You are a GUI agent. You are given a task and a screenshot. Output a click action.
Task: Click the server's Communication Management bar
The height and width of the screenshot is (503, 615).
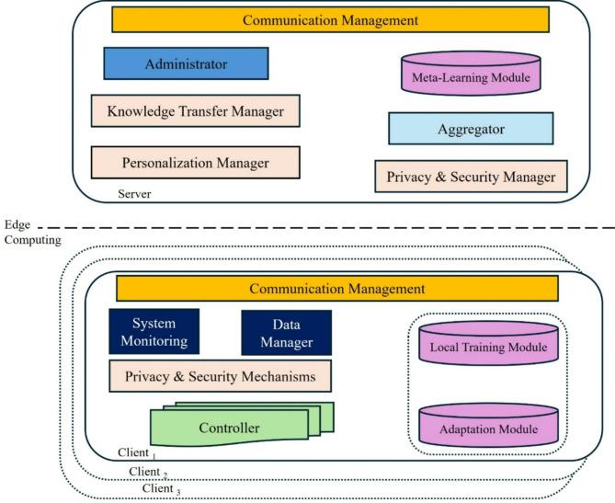tap(330, 19)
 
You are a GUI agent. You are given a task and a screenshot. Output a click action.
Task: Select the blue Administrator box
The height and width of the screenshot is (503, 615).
tap(186, 63)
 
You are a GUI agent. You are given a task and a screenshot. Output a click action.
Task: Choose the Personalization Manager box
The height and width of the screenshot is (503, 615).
tap(195, 163)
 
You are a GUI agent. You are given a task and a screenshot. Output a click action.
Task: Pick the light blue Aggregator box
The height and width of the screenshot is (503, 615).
tap(471, 130)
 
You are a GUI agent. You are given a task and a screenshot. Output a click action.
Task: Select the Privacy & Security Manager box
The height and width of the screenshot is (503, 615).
tap(471, 176)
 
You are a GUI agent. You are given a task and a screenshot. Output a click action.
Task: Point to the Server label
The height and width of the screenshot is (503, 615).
tap(134, 194)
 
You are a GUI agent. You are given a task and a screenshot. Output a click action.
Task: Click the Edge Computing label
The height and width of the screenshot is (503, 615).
tap(31, 232)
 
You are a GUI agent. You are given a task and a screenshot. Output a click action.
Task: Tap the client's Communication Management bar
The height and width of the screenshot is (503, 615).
tap(337, 289)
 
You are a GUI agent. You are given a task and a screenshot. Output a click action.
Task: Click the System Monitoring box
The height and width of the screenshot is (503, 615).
tap(154, 332)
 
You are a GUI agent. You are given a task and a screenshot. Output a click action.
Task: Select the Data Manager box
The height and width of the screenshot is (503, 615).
tap(286, 332)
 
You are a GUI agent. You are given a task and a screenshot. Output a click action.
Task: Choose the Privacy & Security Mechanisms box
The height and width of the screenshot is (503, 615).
tap(220, 376)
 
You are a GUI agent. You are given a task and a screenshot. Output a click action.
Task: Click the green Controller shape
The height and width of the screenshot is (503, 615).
tap(230, 428)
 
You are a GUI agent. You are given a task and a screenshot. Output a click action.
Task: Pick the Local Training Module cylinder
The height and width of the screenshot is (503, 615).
tap(489, 348)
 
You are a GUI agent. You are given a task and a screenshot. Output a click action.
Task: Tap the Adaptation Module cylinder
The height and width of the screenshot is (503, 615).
tap(489, 428)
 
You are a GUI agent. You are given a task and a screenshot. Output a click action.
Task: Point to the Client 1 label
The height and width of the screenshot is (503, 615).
tap(138, 453)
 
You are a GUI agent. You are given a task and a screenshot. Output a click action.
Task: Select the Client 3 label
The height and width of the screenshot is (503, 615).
tap(162, 488)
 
